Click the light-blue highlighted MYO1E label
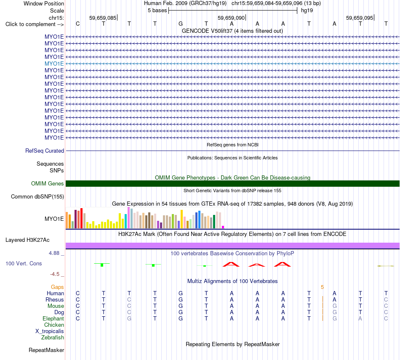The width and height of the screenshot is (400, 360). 54,64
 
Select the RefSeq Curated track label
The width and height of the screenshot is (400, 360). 45,151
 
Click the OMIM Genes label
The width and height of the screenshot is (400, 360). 48,183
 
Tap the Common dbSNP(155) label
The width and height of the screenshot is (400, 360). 37,197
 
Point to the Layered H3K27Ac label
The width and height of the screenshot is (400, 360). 27,240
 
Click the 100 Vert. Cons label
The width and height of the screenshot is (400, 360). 24,263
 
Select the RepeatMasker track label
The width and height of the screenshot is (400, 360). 46,350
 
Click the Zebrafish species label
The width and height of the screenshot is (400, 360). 53,337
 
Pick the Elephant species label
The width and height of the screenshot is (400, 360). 53,318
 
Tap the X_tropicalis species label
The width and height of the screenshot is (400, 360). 50,331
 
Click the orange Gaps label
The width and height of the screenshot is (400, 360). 57,287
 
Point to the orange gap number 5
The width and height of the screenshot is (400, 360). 322,287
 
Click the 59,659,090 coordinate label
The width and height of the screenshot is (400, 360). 231,18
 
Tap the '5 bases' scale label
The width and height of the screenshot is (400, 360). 157,11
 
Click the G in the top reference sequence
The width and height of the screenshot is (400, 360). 181,24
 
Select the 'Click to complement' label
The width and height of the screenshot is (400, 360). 35,24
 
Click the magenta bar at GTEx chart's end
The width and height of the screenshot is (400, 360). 223,227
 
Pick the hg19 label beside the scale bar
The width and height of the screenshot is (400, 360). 307,11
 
